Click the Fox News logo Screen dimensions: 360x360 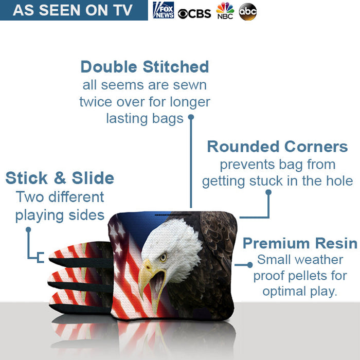(164, 10)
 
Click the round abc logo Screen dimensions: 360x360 (248, 12)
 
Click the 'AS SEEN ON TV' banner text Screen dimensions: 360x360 (73, 10)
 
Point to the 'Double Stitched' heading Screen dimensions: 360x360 (145, 67)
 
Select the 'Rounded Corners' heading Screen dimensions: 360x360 (277, 147)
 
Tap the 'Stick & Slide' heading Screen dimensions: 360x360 (60, 178)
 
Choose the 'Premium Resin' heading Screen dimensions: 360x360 (300, 243)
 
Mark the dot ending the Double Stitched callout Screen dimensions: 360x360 (190, 117)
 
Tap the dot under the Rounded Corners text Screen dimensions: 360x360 (268, 192)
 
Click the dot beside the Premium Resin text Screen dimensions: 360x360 (250, 265)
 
